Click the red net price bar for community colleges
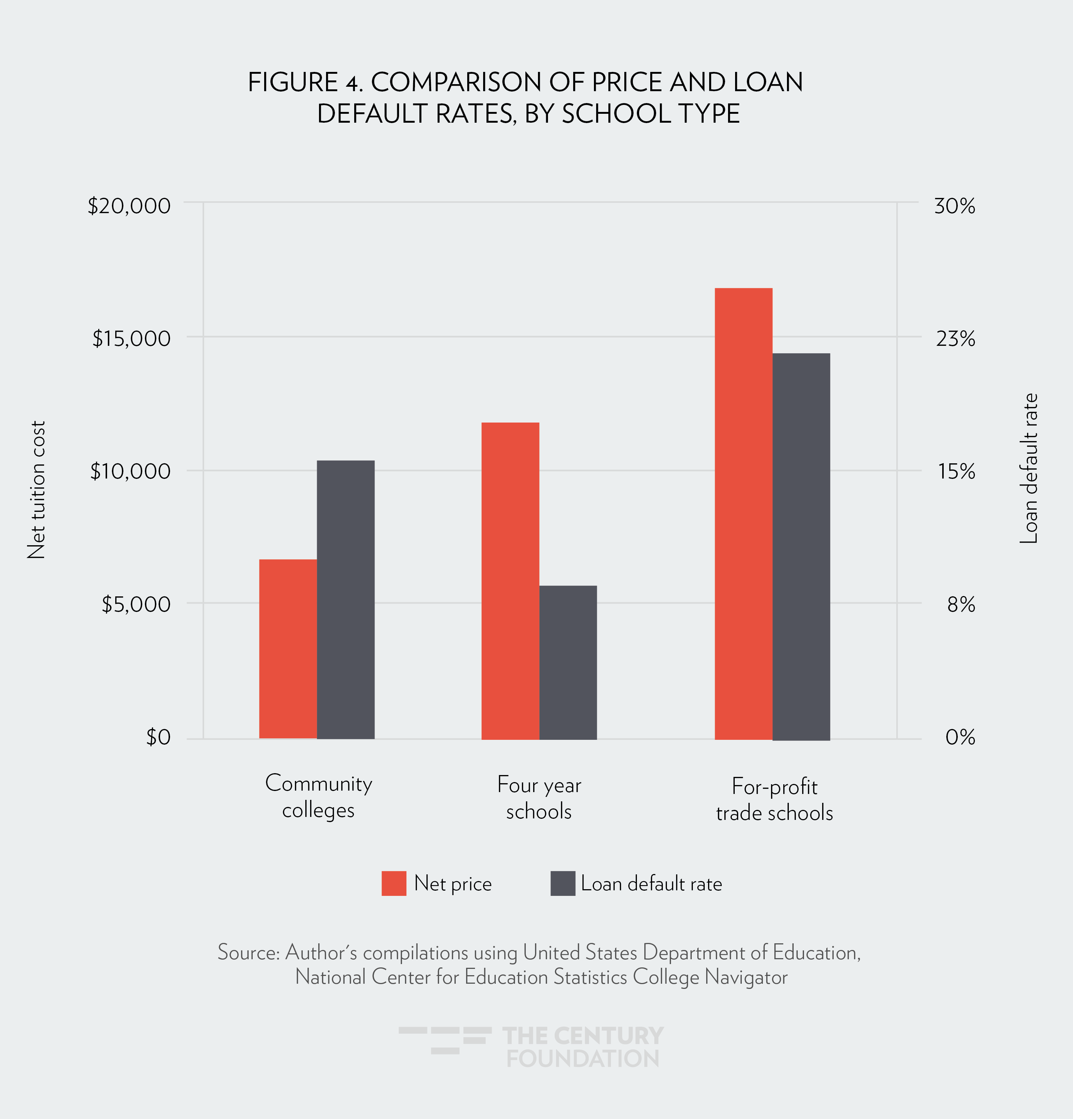(288, 649)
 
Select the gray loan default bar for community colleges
(345, 599)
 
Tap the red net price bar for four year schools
(510, 580)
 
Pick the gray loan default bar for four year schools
(568, 662)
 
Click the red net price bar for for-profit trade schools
(743, 514)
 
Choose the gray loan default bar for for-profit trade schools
(801, 546)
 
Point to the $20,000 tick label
(129, 206)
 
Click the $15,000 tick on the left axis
(131, 338)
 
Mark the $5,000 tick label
(136, 604)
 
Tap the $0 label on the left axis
(158, 737)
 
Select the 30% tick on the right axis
(954, 206)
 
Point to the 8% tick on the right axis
(961, 604)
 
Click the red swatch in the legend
(394, 883)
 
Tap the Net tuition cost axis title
(36, 490)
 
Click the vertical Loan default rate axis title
(1029, 468)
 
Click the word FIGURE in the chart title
(293, 82)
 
